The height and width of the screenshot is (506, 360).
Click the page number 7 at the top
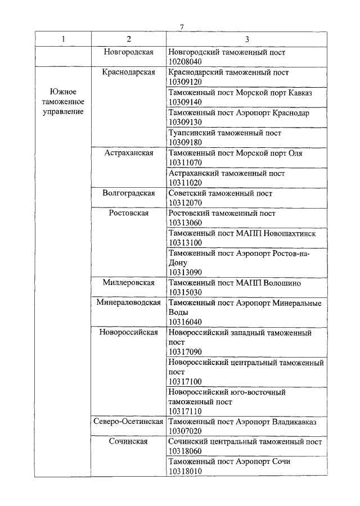tap(182, 28)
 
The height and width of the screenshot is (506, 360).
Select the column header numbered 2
tap(129, 39)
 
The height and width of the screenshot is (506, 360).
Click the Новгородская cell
tap(129, 52)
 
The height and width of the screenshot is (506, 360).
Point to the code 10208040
tap(185, 61)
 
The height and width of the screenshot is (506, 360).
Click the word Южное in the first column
tap(63, 91)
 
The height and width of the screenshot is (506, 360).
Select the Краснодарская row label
tap(129, 72)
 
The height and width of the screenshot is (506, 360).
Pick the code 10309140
tap(185, 102)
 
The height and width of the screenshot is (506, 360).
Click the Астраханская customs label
tap(129, 153)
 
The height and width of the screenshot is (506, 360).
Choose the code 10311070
tap(185, 162)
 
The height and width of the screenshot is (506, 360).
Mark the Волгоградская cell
tap(129, 193)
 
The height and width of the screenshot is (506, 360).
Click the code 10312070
tap(185, 203)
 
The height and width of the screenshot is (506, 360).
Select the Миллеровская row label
tap(129, 283)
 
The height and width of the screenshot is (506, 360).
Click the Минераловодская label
tap(129, 303)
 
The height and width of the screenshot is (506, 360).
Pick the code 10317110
tap(185, 412)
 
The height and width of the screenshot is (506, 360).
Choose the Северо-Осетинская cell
tap(129, 422)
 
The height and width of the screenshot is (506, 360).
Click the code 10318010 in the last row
tap(185, 471)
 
